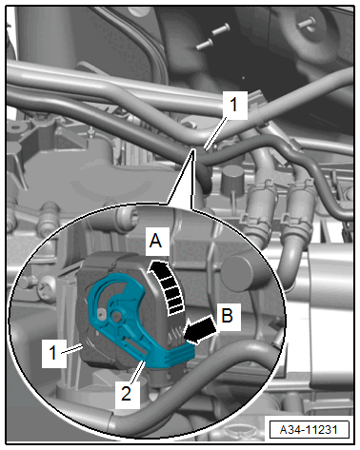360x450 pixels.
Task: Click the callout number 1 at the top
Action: click(x=234, y=105)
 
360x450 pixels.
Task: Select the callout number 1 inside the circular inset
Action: click(x=53, y=352)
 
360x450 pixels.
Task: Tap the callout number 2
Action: click(x=127, y=394)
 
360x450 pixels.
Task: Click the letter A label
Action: click(x=155, y=241)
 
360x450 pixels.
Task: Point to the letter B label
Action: click(x=228, y=316)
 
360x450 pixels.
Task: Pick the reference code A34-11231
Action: click(x=309, y=430)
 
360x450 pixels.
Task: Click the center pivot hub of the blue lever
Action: click(x=117, y=315)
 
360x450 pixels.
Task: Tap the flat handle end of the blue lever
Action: click(x=179, y=354)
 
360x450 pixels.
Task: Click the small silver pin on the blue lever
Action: click(x=101, y=314)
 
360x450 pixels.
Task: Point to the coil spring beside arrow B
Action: click(x=176, y=335)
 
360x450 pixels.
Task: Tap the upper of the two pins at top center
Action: click(x=221, y=29)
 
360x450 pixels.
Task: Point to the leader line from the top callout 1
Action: click(x=216, y=133)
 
